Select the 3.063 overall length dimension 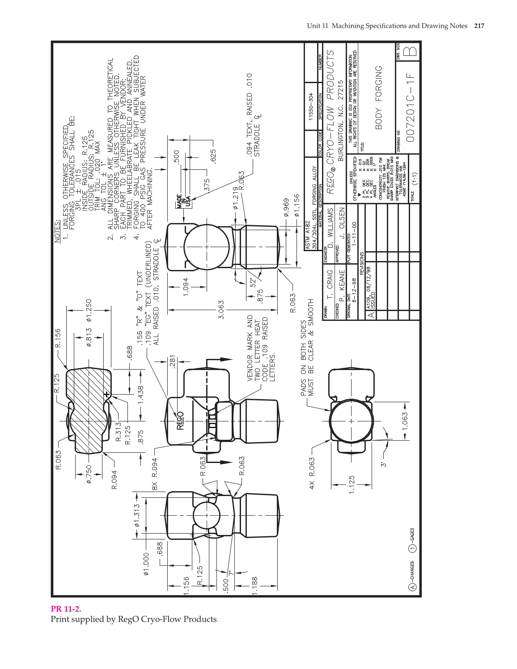click(x=221, y=309)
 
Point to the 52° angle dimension click(x=254, y=283)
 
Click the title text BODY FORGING click(x=379, y=97)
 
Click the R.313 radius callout click(x=119, y=432)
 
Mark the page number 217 click(x=479, y=26)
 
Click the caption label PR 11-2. click(x=66, y=609)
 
